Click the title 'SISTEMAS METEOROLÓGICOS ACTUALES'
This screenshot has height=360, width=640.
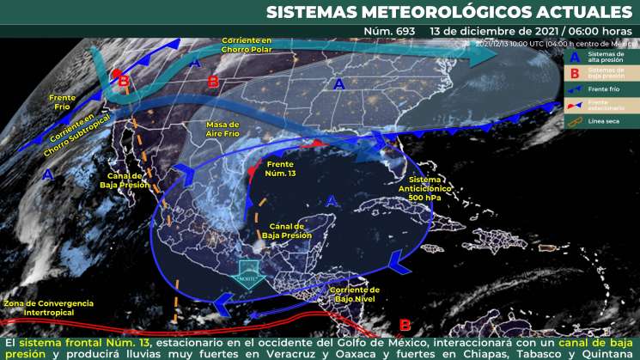click(x=448, y=11)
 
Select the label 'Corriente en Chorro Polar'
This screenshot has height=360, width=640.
click(x=247, y=45)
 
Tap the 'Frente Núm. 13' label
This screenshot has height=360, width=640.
click(x=281, y=168)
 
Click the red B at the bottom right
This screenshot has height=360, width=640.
click(x=405, y=325)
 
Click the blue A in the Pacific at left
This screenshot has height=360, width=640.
click(x=49, y=174)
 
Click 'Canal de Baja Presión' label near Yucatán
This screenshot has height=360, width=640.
click(x=285, y=230)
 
